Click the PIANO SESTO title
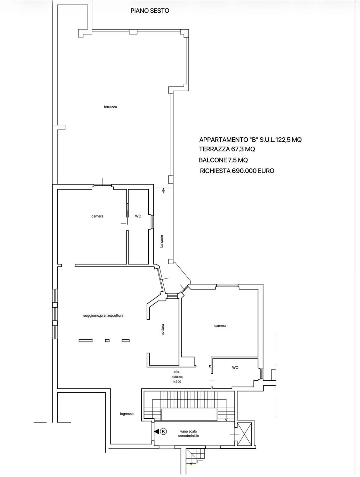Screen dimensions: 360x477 [150, 10]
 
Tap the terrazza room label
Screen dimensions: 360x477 [110, 107]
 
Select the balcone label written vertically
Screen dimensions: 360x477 [162, 241]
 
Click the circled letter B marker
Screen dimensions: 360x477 [163, 431]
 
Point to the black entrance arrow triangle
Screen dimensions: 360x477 [156, 431]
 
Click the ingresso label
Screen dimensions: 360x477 [127, 414]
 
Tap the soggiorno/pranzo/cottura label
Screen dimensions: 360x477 [103, 315]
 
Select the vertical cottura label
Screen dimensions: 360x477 [163, 329]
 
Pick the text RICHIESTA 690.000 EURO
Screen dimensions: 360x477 [237, 171]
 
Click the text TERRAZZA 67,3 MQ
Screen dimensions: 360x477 [227, 149]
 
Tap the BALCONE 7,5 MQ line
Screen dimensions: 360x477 [223, 160]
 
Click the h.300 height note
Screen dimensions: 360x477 [177, 382]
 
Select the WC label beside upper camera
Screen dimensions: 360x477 [138, 216]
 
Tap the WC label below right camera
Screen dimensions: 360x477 [235, 368]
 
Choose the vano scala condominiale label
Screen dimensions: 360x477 [188, 433]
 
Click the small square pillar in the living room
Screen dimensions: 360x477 [107, 341]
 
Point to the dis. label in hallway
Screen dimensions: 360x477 [177, 372]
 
